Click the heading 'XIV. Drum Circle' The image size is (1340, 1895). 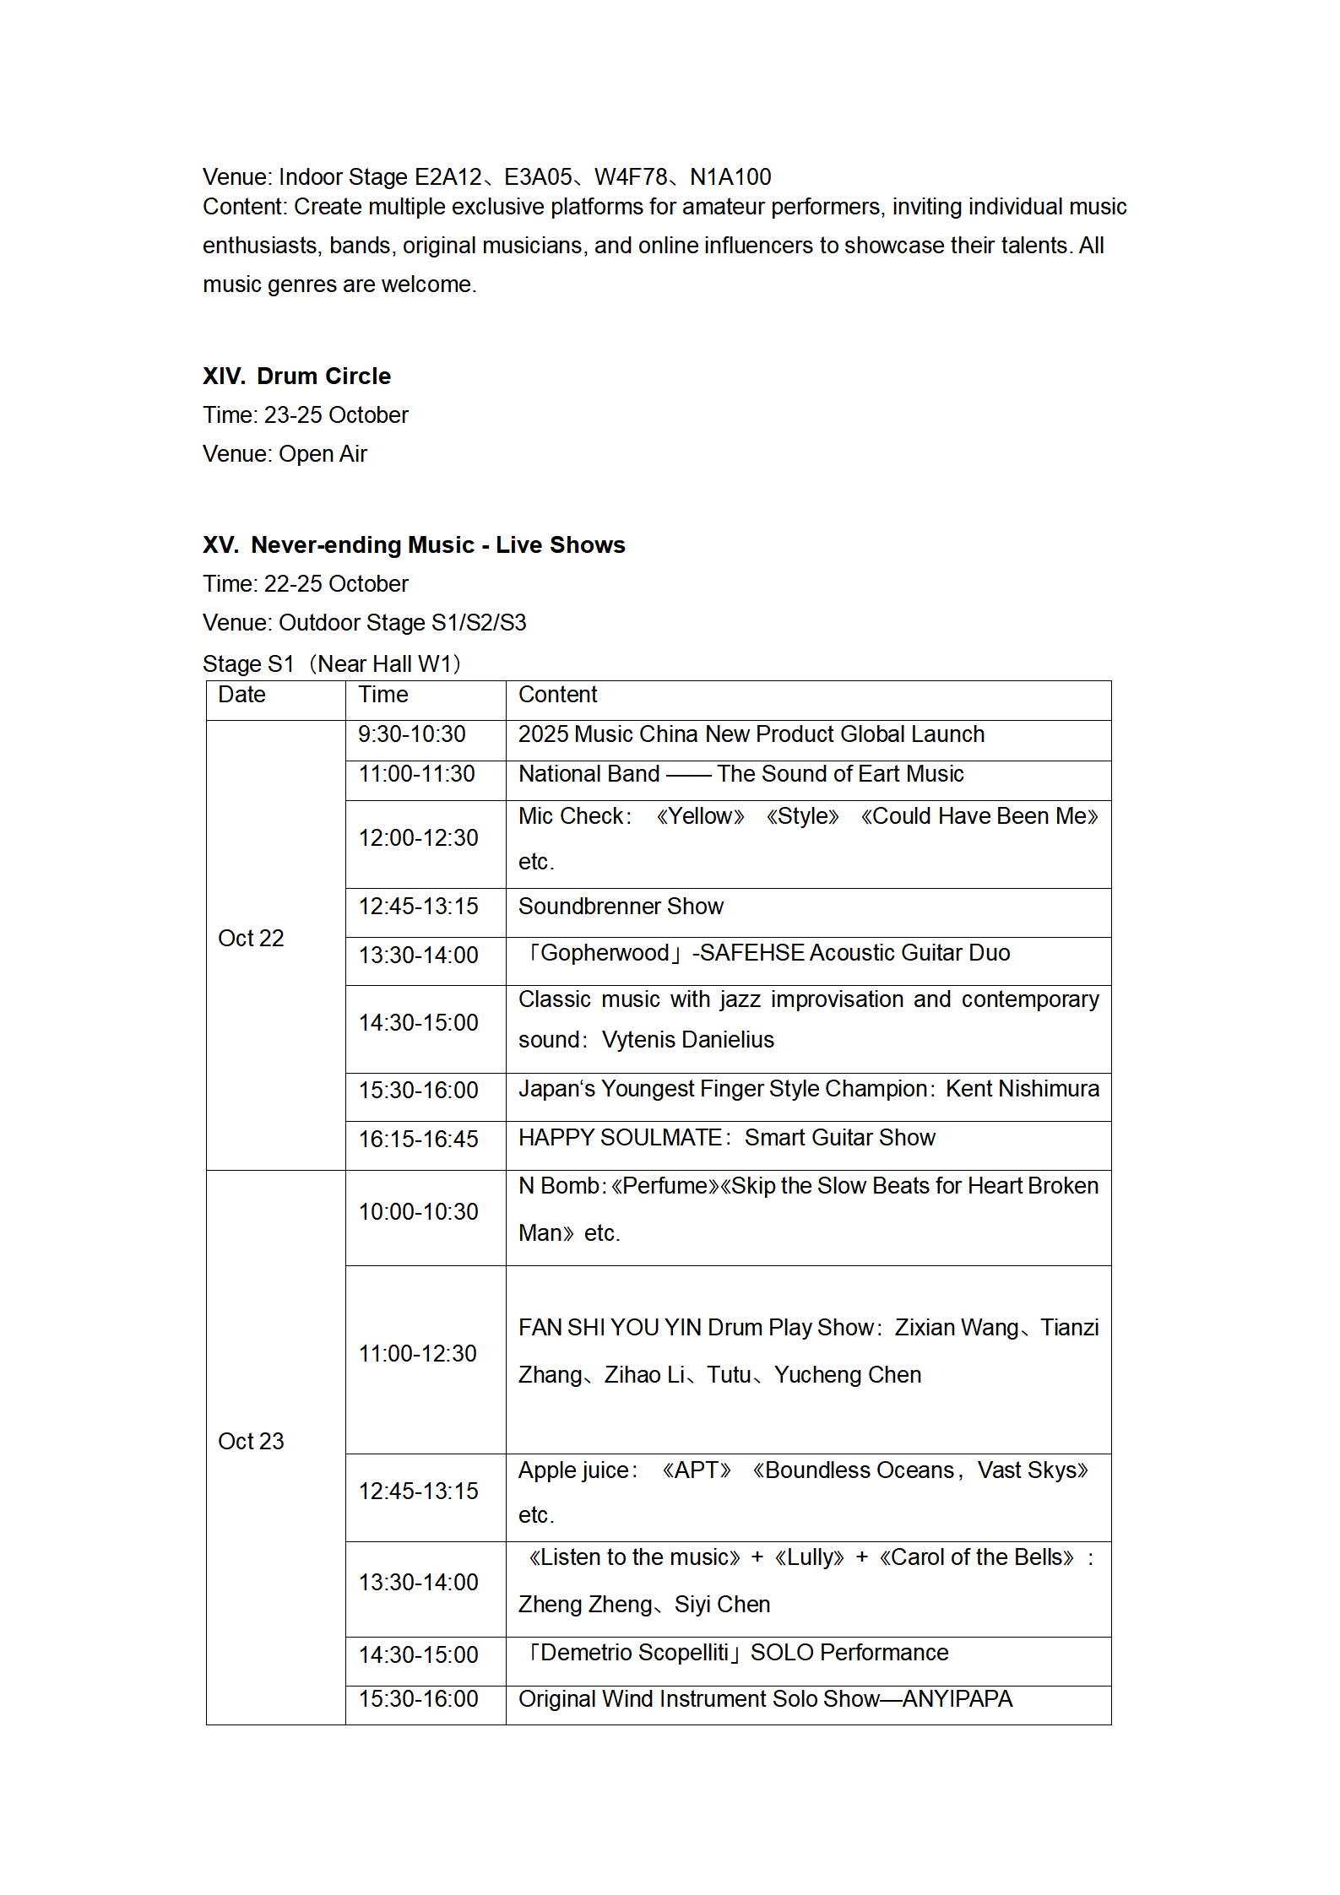(x=296, y=376)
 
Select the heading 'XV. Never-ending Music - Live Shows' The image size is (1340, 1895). (x=414, y=544)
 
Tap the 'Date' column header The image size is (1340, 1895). (x=241, y=695)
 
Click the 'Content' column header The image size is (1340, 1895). (x=557, y=695)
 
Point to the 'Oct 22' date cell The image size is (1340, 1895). (x=251, y=938)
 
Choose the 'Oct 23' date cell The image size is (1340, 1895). (x=251, y=1441)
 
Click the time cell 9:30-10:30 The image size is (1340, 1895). (x=411, y=734)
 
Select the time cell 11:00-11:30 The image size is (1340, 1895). (x=416, y=774)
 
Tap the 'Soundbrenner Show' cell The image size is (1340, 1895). (x=621, y=907)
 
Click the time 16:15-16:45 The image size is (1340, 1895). (x=418, y=1140)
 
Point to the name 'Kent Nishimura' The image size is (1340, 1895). (x=1022, y=1089)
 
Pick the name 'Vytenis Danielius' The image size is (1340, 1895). (x=687, y=1040)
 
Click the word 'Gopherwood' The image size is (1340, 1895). (x=605, y=953)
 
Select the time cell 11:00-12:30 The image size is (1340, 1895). (x=417, y=1354)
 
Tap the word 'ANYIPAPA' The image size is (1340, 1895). (x=957, y=1698)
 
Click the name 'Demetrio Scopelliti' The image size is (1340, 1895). (x=633, y=1652)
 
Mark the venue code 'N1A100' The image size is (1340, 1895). (x=730, y=177)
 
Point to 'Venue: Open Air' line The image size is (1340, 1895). (x=285, y=454)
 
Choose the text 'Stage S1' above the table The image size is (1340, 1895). (x=247, y=664)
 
